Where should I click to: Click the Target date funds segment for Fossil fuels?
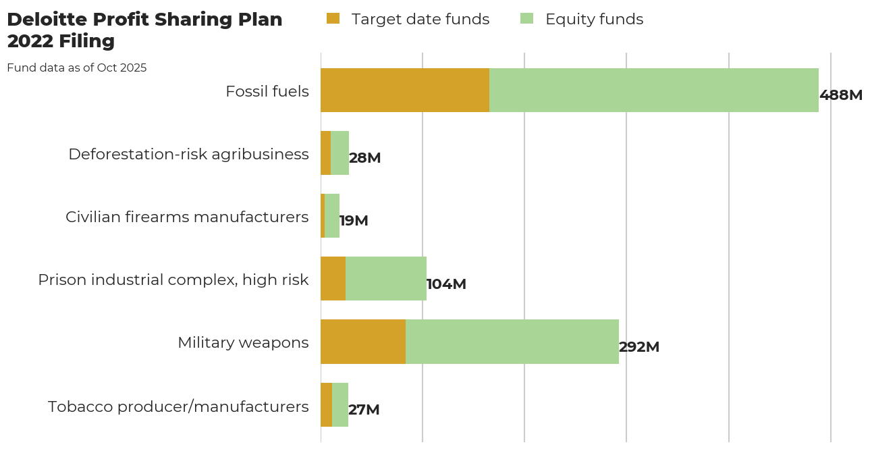405,90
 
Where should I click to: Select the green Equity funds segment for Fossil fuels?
653,90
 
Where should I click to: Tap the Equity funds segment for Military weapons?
512,342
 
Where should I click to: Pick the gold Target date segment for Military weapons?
363,342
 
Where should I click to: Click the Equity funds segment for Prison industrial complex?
386,279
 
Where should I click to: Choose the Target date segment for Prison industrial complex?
333,279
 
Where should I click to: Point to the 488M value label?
841,95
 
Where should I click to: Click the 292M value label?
639,347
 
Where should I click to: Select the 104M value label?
446,284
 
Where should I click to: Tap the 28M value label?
365,158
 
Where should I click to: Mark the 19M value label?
354,221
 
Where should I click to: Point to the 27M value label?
364,410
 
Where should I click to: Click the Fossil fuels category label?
267,91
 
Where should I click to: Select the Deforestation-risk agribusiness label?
188,154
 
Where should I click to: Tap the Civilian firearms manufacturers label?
187,217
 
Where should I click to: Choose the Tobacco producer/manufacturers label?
178,406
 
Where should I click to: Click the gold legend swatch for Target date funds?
333,19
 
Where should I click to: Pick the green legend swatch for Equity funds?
526,19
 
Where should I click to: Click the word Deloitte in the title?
50,20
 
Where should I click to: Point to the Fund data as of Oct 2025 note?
76,68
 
